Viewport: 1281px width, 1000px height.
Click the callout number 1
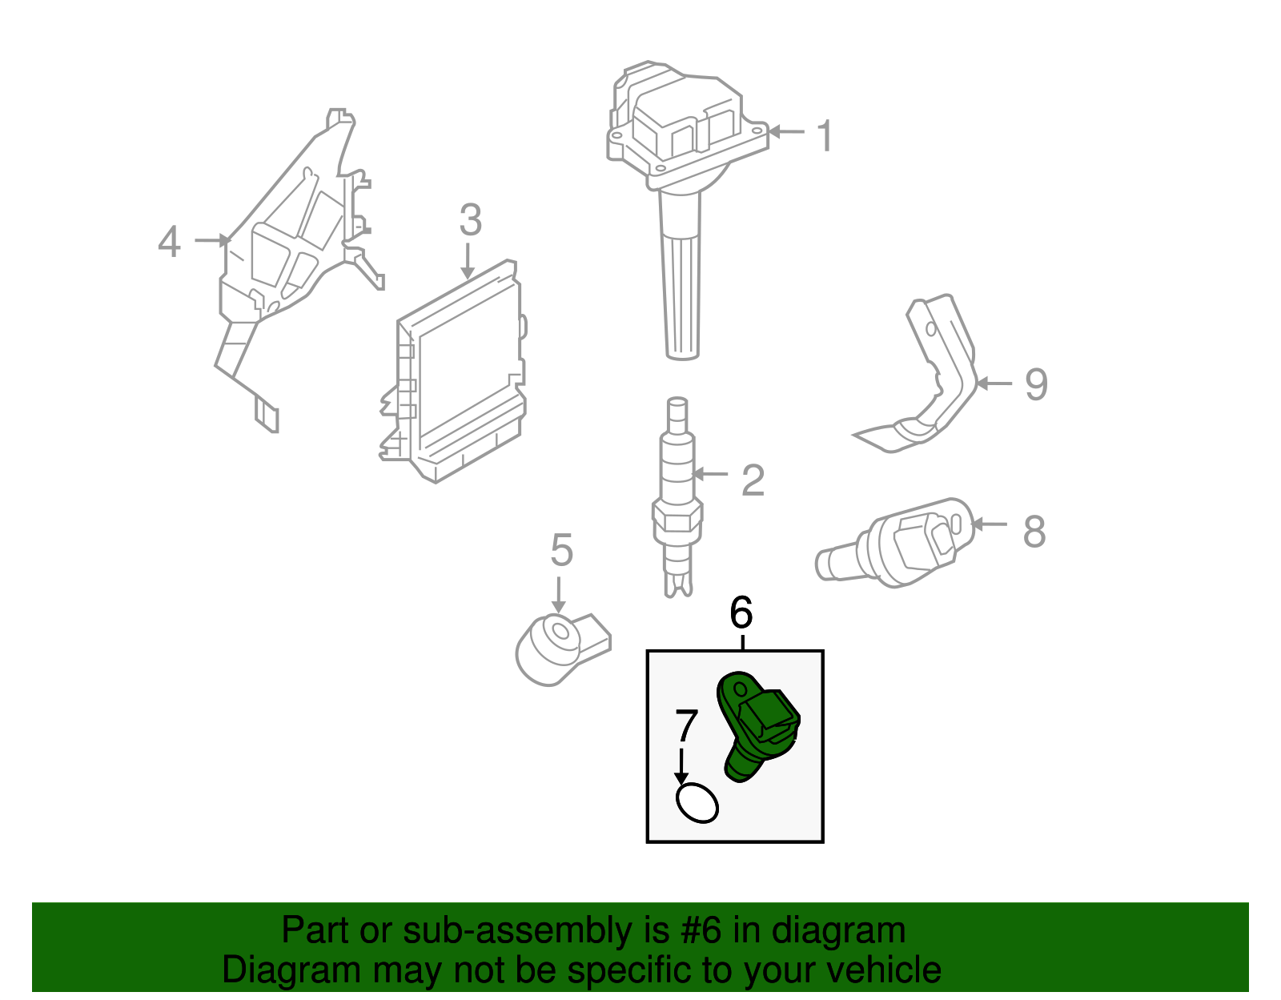tap(825, 136)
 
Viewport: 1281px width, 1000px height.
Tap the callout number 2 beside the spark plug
tap(753, 480)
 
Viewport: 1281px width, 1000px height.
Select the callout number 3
tap(471, 220)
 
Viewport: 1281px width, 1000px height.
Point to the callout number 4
tap(169, 242)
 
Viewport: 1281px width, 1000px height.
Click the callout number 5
tap(562, 551)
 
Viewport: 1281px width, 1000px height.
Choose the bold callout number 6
tap(741, 613)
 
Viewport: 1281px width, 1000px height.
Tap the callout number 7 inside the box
tap(687, 727)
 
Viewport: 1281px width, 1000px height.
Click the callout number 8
tap(1034, 532)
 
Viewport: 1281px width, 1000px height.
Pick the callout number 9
tap(1036, 385)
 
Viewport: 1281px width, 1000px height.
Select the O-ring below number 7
tap(697, 803)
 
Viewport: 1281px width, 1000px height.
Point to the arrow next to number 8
tap(990, 525)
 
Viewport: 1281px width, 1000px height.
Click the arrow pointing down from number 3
tap(468, 263)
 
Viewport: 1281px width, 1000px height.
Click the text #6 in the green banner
tap(701, 931)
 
